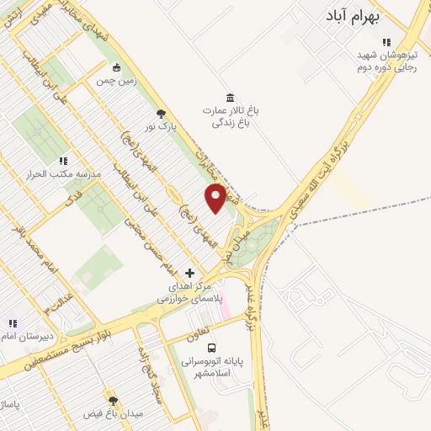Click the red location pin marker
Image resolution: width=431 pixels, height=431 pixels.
pos(215,198)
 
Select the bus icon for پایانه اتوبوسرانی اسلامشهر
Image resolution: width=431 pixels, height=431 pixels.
pos(211,347)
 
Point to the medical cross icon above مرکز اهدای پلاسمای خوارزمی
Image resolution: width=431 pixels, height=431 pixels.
pos(189,273)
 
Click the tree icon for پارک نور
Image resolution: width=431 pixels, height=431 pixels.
pos(161,114)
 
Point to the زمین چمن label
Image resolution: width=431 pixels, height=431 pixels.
pos(116,82)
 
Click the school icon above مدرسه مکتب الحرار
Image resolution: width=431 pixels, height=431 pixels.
pos(62,160)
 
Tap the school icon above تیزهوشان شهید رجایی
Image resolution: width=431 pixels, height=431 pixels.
pos(386,41)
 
